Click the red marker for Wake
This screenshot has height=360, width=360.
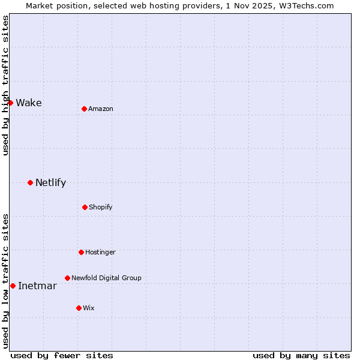pos(10,103)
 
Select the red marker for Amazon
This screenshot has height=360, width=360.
pos(84,109)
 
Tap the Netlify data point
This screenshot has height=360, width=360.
pos(30,182)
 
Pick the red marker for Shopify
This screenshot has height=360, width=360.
pos(85,207)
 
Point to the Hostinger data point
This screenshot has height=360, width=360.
pos(81,252)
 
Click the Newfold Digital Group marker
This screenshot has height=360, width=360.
pos(67,278)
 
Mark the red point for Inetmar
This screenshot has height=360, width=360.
pos(13,286)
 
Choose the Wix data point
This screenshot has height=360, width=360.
pos(79,308)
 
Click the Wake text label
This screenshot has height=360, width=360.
pos(29,103)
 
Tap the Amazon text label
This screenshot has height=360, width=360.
pos(101,109)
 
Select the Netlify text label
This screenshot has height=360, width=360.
pos(50,182)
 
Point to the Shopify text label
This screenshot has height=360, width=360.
pos(101,207)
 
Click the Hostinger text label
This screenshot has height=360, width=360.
pos(100,252)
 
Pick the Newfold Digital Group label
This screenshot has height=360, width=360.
pos(106,278)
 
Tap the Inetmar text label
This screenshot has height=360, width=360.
pos(37,286)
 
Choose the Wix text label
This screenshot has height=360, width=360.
pos(89,308)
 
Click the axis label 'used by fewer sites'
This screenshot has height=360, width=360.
pos(62,355)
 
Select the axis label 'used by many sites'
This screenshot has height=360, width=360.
pos(301,355)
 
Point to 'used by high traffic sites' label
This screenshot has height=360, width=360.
pos(5,85)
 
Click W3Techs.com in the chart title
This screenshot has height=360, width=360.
pos(304,5)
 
